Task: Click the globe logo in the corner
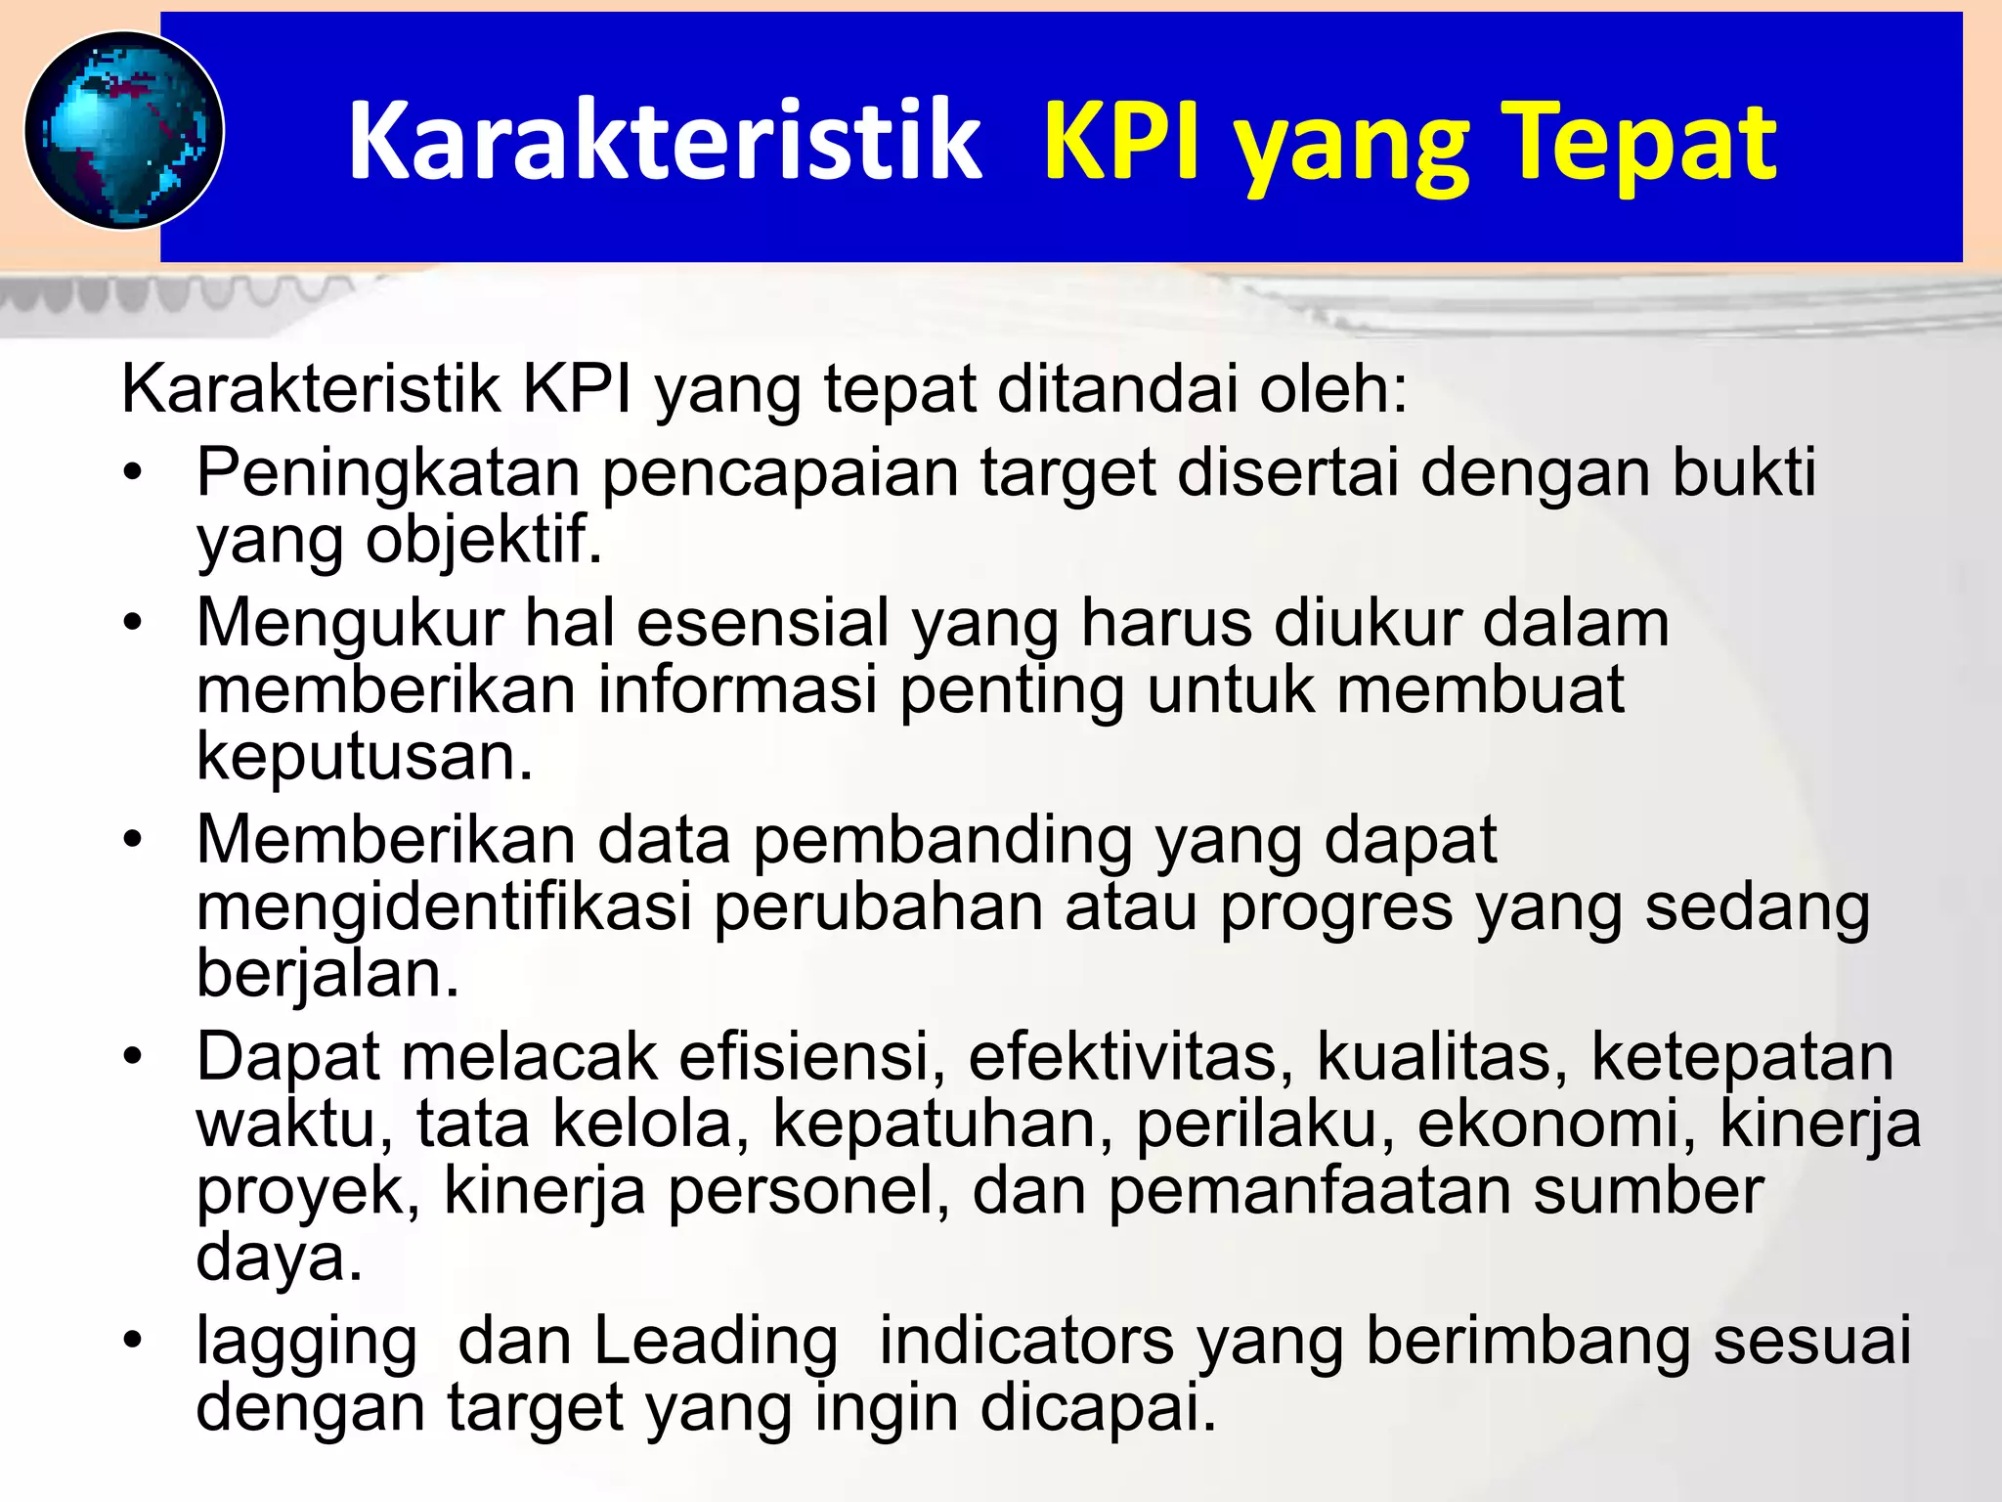point(124,131)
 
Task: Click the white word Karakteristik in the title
point(664,143)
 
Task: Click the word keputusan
point(365,757)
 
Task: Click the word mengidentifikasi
point(444,907)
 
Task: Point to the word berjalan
point(327,974)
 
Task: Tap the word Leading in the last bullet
point(716,1341)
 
